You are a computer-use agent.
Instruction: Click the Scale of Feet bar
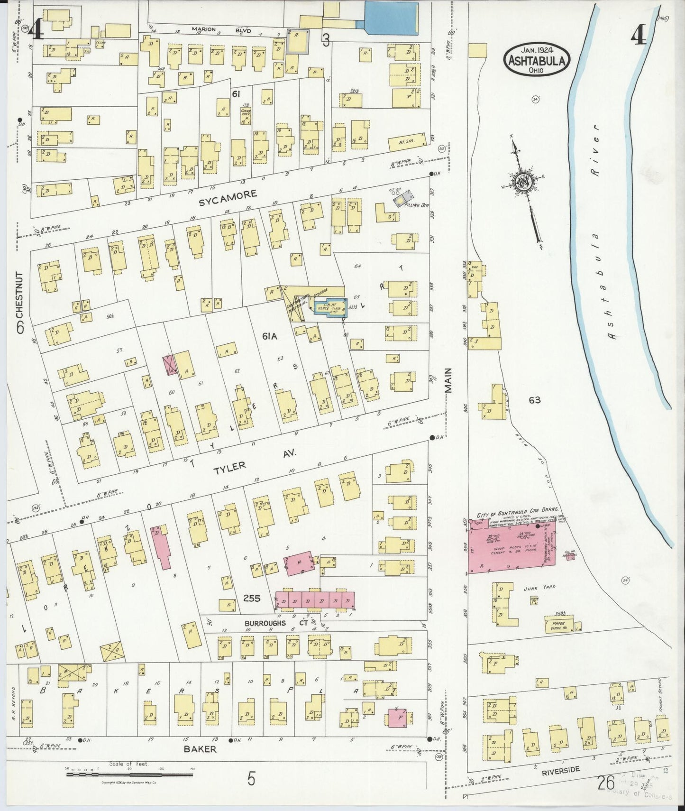click(x=129, y=774)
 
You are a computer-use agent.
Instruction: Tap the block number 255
click(x=251, y=599)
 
